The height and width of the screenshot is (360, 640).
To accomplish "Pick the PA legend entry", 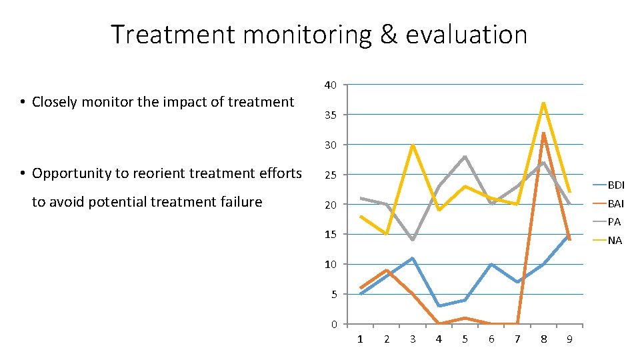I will pyautogui.click(x=613, y=222).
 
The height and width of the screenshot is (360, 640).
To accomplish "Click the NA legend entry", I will pyautogui.click(x=614, y=241).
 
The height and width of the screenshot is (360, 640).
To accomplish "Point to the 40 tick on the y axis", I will pyautogui.click(x=330, y=85).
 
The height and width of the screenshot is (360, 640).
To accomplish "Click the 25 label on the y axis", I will pyautogui.click(x=330, y=175).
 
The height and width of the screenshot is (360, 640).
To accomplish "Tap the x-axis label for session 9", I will pyautogui.click(x=569, y=339).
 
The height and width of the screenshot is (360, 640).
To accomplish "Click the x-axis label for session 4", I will pyautogui.click(x=439, y=339).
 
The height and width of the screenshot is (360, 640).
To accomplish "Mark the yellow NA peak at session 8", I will pyautogui.click(x=544, y=103).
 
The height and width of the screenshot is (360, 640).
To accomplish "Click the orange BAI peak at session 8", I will pyautogui.click(x=544, y=133).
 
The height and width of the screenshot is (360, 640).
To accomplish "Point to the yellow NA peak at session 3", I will pyautogui.click(x=413, y=145).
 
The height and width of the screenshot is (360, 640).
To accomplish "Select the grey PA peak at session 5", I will pyautogui.click(x=465, y=157).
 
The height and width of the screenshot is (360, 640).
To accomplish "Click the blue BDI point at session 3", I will pyautogui.click(x=413, y=258).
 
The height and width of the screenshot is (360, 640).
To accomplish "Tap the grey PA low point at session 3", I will pyautogui.click(x=413, y=240).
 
